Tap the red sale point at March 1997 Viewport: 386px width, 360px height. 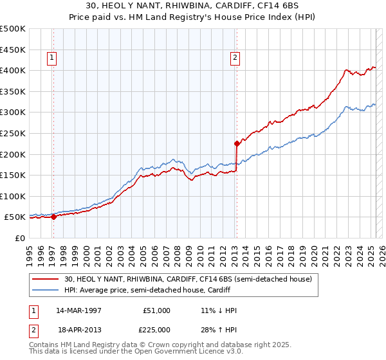point(53,217)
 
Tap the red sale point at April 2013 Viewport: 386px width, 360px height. point(237,143)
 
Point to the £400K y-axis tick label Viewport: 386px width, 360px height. point(13,70)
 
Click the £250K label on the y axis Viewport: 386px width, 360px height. point(13,133)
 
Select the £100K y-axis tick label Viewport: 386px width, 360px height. point(13,196)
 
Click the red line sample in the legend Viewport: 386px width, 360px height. point(46,279)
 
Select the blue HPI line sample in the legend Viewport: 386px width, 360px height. point(46,289)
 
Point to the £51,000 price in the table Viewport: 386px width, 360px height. point(156,310)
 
